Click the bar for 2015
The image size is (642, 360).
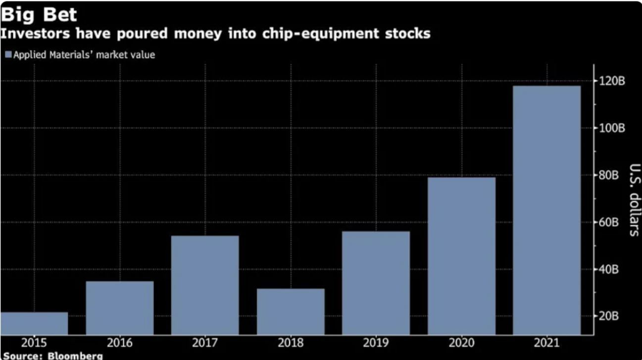tap(34, 323)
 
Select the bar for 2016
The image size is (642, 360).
tap(120, 308)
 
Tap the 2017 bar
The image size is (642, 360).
tap(205, 285)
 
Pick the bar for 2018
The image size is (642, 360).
tap(291, 311)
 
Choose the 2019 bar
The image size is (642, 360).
tap(376, 283)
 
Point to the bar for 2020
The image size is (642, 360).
tap(461, 256)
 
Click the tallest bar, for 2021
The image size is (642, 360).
tap(546, 210)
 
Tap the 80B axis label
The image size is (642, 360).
tap(609, 175)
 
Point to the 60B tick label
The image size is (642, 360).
tap(609, 222)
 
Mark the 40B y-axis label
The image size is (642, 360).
tap(609, 269)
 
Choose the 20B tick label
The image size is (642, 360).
tap(609, 316)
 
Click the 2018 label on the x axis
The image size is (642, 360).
tap(291, 343)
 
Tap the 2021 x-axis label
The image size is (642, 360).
tap(546, 343)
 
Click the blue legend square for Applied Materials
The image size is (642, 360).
tap(8, 55)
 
